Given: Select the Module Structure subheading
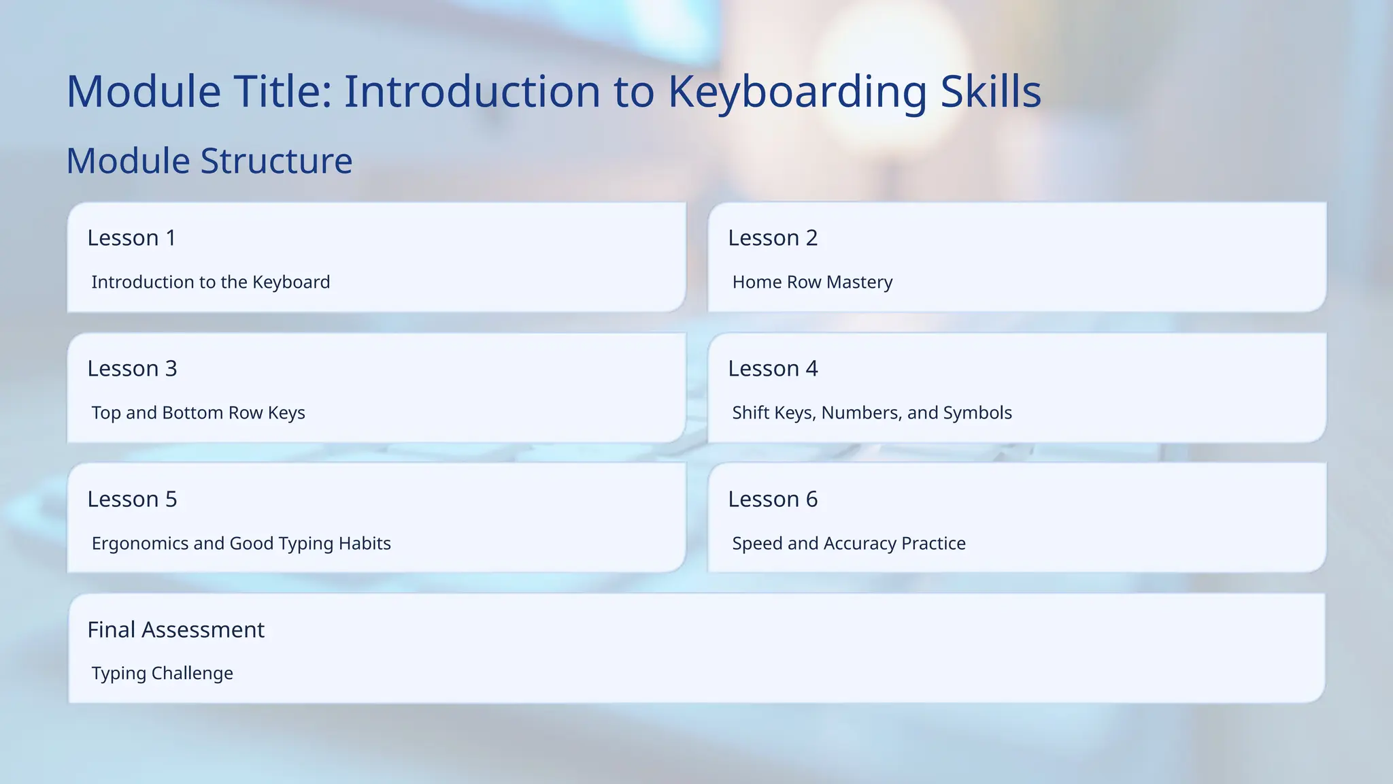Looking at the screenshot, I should click(x=209, y=161).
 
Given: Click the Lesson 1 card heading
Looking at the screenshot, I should click(x=132, y=238).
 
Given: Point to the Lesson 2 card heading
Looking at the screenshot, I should click(x=773, y=238).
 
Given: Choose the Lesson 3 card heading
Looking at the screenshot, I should click(x=132, y=369).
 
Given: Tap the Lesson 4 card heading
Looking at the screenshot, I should click(x=773, y=369).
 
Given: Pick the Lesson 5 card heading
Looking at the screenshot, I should click(x=132, y=500).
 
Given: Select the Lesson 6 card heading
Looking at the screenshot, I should click(x=773, y=500).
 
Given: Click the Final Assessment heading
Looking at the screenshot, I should click(x=175, y=630).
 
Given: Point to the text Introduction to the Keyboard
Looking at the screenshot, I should click(x=211, y=282).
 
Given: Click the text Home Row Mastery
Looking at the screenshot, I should click(x=812, y=282).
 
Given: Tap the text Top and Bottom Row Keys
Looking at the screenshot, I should click(x=198, y=413).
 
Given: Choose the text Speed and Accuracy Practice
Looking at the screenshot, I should click(x=849, y=544).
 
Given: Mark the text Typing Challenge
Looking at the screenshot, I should click(x=162, y=674).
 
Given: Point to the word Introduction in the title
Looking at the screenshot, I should click(x=472, y=92).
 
